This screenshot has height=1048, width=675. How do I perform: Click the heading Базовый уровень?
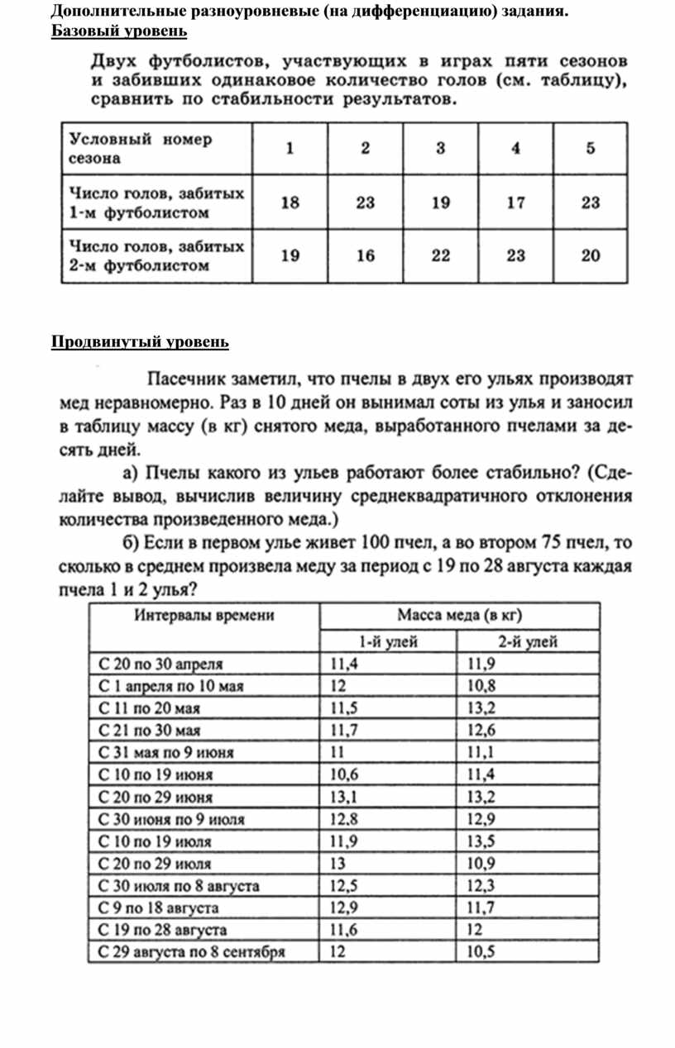[x=119, y=31]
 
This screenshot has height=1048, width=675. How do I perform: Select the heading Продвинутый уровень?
[x=140, y=342]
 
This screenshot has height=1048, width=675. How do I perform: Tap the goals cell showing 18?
[x=290, y=202]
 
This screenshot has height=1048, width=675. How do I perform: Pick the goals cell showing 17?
[x=515, y=202]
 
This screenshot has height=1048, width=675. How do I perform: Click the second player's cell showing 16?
[x=365, y=256]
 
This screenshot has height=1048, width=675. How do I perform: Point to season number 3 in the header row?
[x=440, y=149]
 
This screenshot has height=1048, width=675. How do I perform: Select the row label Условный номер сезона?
[x=141, y=148]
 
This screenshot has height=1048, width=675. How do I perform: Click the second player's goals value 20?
[x=590, y=256]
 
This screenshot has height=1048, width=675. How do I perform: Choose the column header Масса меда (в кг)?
[x=459, y=616]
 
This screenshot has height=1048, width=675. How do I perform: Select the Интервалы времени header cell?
[x=205, y=616]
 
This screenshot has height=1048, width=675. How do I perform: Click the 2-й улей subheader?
[x=527, y=641]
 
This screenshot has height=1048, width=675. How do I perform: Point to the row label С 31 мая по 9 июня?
[x=166, y=753]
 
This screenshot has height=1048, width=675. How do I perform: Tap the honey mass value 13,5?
[x=481, y=842]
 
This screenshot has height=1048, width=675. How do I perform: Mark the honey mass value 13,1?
[x=343, y=798]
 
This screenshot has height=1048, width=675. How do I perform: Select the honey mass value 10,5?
[x=481, y=952]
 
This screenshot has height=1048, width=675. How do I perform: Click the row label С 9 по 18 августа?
[x=159, y=908]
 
